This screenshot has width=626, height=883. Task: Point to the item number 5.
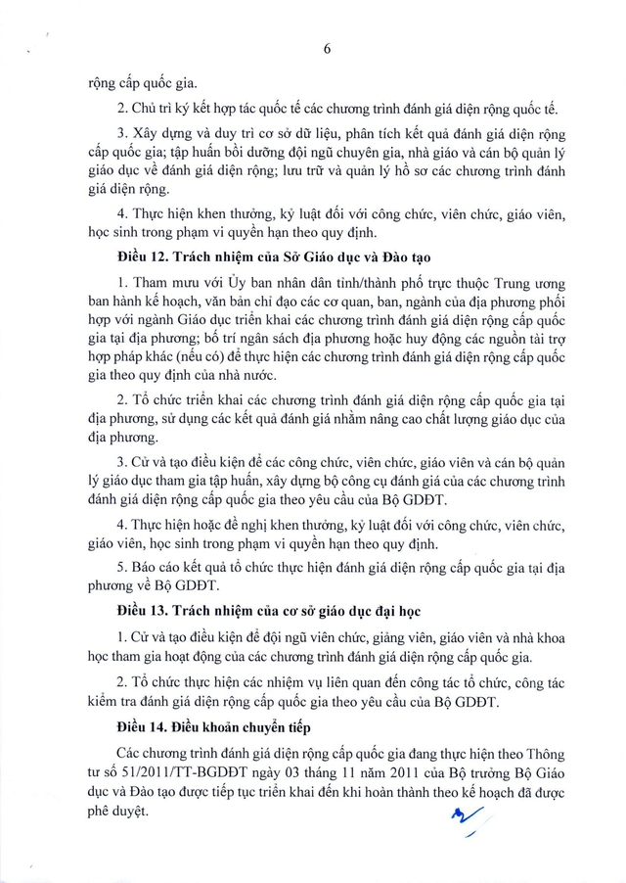click(x=119, y=565)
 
